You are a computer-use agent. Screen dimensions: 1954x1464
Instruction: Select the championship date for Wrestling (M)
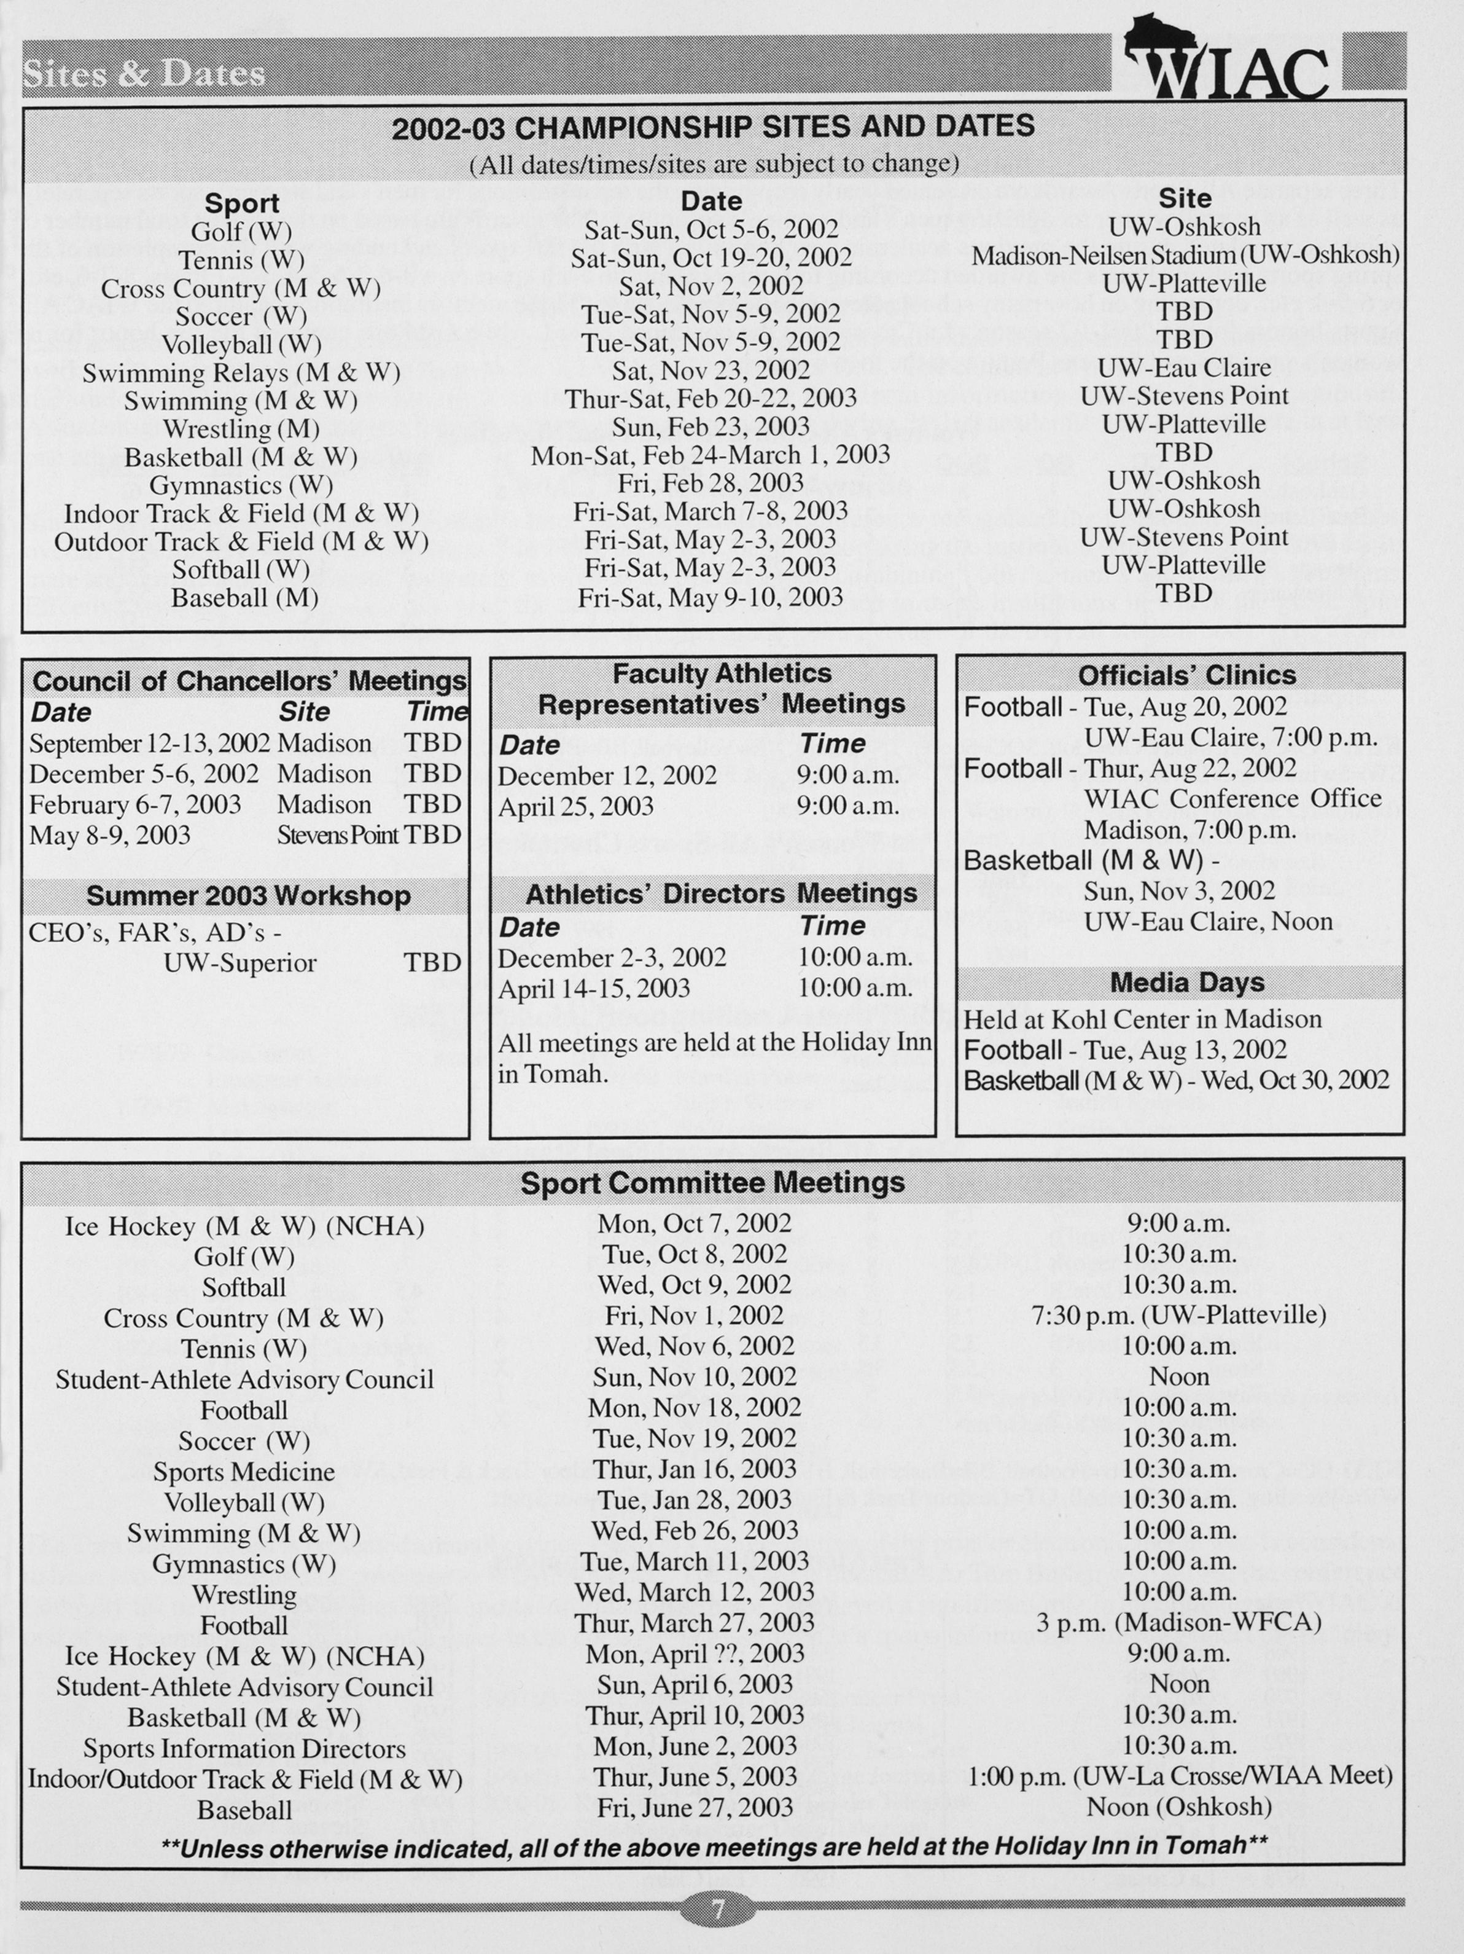pos(711,426)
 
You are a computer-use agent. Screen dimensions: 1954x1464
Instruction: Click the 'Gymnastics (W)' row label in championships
pos(241,485)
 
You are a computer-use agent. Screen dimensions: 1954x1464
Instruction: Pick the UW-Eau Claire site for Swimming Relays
pos(1184,367)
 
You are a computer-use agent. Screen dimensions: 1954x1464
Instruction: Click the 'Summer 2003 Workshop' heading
pos(248,896)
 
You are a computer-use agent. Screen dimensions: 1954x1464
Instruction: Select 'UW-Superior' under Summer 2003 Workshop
pos(240,963)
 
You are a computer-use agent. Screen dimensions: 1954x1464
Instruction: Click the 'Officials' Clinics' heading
pos(1187,676)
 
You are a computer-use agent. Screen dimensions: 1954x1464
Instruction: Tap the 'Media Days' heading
pos(1187,983)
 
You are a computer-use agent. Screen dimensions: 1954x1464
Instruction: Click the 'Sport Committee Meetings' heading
pos(712,1183)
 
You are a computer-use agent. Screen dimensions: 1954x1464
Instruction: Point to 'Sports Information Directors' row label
pos(244,1748)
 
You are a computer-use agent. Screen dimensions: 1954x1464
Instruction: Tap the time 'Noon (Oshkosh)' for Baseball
pos(1179,1807)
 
